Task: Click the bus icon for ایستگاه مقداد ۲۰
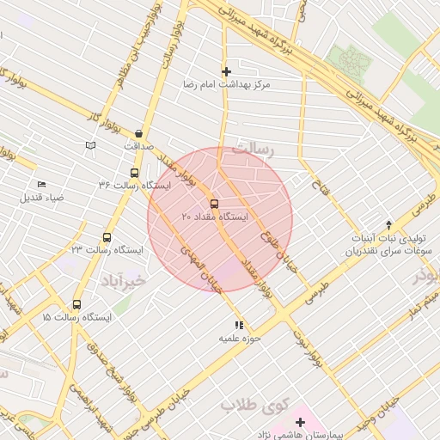[214, 204]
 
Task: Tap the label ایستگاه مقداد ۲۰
[214, 217]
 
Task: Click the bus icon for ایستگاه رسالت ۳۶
[133, 172]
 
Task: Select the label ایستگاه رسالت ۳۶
[134, 186]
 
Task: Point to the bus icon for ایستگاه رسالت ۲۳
[107, 237]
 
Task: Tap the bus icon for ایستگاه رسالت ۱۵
[77, 304]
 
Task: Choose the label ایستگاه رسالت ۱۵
[76, 318]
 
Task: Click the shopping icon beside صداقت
[139, 133]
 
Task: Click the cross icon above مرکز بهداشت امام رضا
[226, 72]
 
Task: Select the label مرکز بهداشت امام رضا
[226, 86]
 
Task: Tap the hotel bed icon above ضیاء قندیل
[41, 184]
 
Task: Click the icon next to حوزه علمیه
[239, 325]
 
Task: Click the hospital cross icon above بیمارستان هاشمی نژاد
[300, 422]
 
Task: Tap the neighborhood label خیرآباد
[124, 281]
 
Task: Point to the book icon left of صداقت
[91, 146]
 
